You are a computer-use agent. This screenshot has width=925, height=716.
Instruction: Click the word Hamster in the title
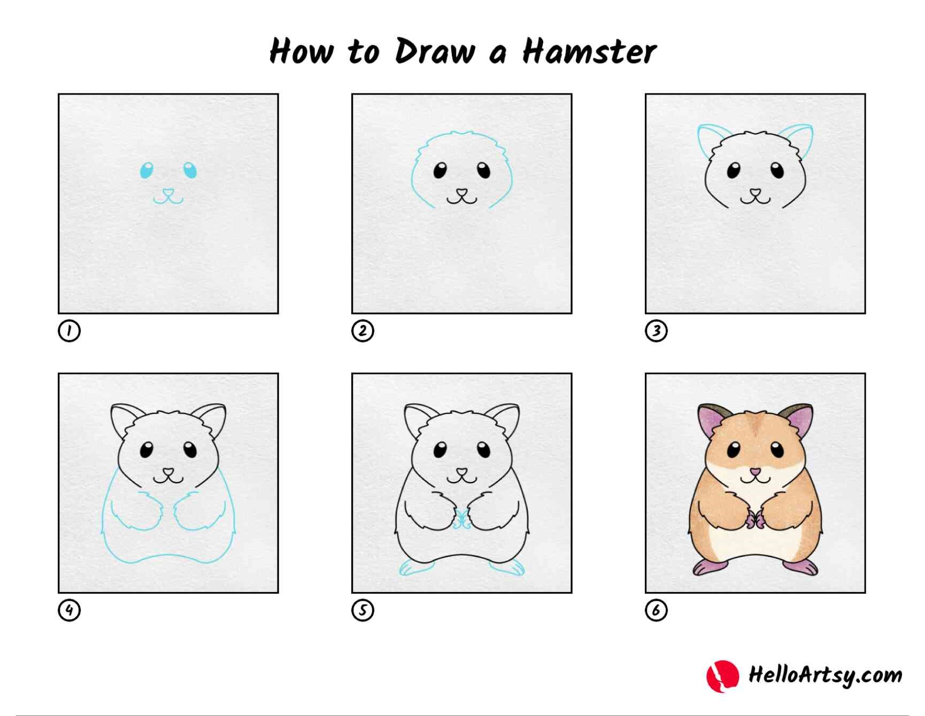(x=589, y=52)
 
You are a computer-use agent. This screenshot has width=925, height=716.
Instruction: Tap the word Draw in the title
(x=435, y=52)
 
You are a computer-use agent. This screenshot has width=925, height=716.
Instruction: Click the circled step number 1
(x=69, y=331)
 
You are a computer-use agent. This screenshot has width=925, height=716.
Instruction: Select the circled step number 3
(x=656, y=331)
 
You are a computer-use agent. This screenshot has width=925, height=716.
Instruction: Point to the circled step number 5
(x=363, y=610)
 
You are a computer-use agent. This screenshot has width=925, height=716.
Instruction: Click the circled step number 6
(x=656, y=610)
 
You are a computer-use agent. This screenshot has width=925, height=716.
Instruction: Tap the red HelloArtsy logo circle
(x=722, y=676)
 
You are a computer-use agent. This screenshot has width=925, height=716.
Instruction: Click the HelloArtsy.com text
(x=824, y=675)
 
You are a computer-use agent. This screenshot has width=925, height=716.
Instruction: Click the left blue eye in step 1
(x=146, y=170)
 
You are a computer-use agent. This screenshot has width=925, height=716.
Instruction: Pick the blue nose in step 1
(x=168, y=192)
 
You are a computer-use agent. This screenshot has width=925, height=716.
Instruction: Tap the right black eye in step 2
(x=483, y=170)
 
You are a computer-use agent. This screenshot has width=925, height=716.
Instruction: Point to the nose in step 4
(x=168, y=472)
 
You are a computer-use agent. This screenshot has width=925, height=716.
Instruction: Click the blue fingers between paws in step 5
(x=461, y=519)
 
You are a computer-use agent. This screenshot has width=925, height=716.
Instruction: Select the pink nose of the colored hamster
(x=755, y=472)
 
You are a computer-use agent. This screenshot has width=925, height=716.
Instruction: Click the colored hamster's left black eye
(x=734, y=450)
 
